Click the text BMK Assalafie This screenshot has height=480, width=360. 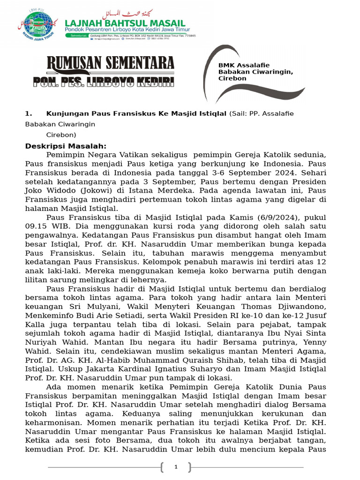click(x=244, y=65)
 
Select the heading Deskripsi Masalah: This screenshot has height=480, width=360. click(x=66, y=146)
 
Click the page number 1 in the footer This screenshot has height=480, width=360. click(x=176, y=467)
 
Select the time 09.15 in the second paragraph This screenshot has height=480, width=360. click(x=36, y=226)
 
